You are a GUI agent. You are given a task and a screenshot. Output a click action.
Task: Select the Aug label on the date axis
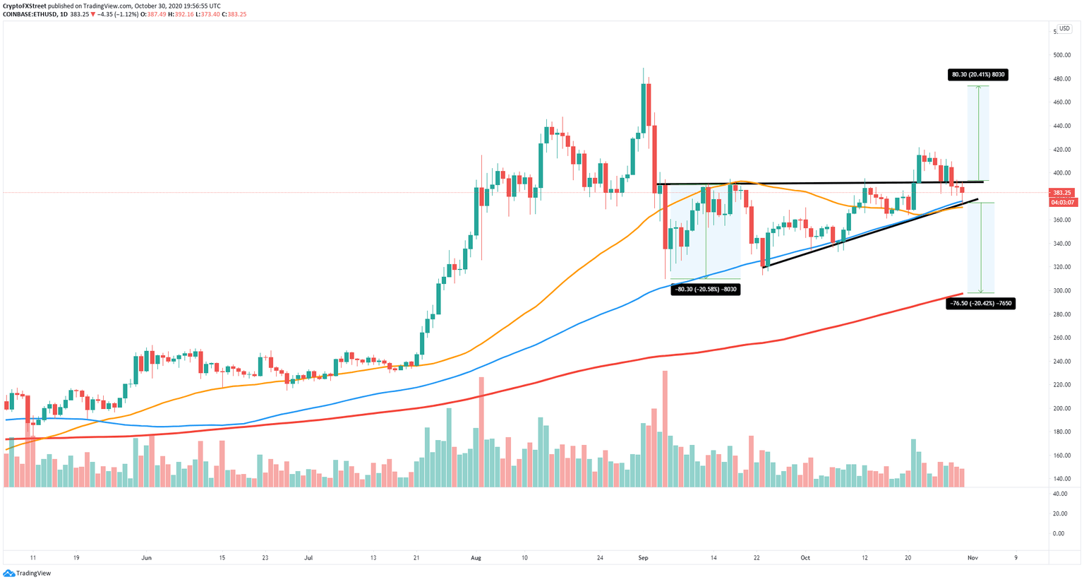click(x=476, y=558)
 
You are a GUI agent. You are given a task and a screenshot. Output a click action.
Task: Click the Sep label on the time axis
click(x=643, y=558)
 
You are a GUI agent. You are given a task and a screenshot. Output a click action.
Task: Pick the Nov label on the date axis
click(x=972, y=558)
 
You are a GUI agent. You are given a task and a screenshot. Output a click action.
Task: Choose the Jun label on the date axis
click(x=146, y=558)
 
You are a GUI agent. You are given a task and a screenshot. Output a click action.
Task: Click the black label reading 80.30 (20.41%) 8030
click(x=977, y=74)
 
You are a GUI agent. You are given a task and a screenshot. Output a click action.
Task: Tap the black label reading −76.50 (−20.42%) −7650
click(x=980, y=304)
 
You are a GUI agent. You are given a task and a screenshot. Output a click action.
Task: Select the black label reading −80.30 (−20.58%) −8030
click(x=705, y=289)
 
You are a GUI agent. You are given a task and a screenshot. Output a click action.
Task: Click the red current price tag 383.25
click(x=1061, y=193)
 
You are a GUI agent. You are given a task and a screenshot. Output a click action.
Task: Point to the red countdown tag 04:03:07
click(x=1061, y=202)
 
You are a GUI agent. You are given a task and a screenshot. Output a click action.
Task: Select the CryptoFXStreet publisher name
click(x=25, y=6)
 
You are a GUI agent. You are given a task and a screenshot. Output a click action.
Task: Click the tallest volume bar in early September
click(x=665, y=429)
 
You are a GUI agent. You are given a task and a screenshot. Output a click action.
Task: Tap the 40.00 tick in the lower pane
click(x=1059, y=494)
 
